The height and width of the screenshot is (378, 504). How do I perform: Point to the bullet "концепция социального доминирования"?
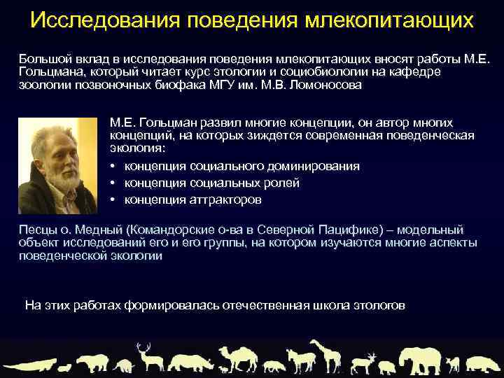click(241, 166)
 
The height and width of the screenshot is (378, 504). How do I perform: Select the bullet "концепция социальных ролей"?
click(211, 183)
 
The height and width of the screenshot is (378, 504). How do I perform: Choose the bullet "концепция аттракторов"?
click(192, 199)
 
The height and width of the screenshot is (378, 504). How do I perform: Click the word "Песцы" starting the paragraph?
click(36, 230)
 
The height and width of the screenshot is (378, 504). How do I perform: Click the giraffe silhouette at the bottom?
click(323, 353)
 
